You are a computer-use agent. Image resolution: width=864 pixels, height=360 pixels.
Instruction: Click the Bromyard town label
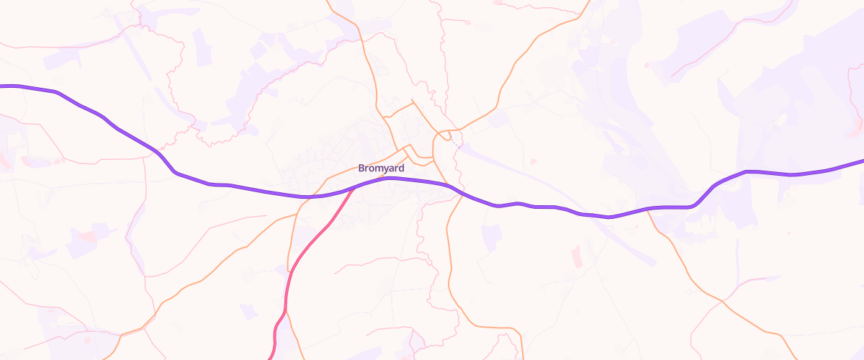(x=381, y=168)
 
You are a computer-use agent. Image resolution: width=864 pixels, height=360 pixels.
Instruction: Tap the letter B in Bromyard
(x=361, y=168)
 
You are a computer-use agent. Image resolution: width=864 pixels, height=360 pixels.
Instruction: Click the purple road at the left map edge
(x=2, y=86)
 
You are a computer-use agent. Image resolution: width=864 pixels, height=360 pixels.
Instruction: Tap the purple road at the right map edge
(x=861, y=162)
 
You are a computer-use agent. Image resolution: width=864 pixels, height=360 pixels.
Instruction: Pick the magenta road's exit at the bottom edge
(x=271, y=358)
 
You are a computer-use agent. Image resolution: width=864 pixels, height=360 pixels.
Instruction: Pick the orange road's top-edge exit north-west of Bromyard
(x=329, y=2)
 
